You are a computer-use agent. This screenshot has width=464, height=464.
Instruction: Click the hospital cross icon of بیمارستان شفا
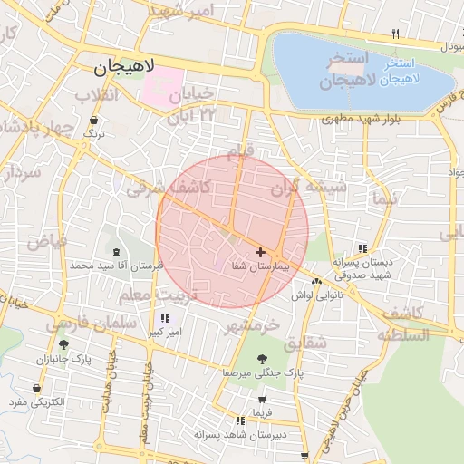click(261, 252)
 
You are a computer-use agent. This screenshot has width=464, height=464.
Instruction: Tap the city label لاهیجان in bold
click(124, 66)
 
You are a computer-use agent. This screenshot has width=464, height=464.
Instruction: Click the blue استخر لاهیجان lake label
click(398, 72)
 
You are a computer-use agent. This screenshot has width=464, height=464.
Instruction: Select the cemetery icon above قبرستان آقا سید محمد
click(115, 253)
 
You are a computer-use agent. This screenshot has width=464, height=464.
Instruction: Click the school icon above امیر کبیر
click(164, 319)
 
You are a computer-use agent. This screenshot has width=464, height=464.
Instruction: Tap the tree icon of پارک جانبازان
click(63, 345)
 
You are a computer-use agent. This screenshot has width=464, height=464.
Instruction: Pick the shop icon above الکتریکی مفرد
click(35, 389)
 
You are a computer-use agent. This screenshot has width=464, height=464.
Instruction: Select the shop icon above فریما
click(263, 399)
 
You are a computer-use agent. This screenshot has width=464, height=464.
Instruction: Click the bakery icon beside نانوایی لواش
click(316, 281)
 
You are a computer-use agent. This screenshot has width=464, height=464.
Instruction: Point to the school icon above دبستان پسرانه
click(362, 248)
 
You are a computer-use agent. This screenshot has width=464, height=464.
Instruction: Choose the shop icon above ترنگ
click(94, 119)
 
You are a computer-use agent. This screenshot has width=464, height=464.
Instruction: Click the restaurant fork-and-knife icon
click(395, 34)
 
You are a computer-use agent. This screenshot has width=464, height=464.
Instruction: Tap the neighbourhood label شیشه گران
click(309, 188)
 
